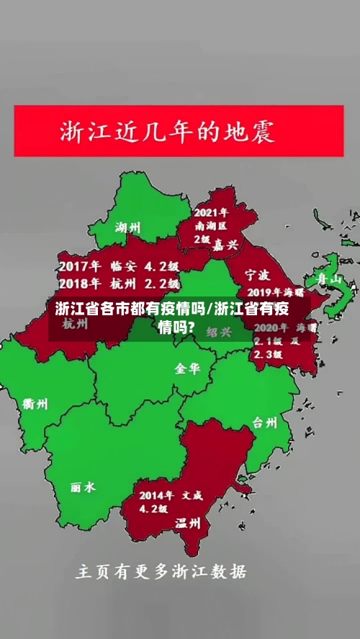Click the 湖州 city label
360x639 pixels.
(128, 228)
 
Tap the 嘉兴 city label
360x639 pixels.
(225, 245)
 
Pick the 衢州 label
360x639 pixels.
(35, 404)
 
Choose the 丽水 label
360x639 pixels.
(83, 487)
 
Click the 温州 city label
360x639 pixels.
(188, 523)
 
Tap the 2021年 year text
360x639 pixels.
(211, 213)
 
